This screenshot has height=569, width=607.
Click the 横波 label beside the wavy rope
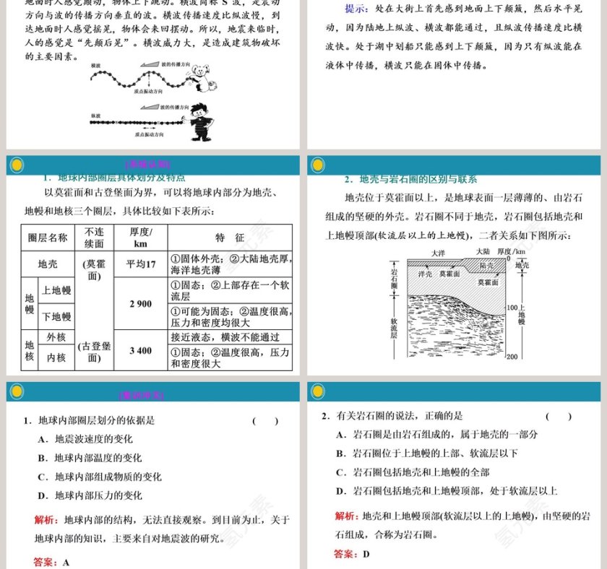[96, 66]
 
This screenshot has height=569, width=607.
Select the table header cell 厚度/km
[140, 238]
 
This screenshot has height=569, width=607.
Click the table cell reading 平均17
[140, 264]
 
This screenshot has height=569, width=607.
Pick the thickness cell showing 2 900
[140, 304]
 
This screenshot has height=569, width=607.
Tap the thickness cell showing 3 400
[140, 351]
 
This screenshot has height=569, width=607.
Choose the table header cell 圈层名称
[48, 238]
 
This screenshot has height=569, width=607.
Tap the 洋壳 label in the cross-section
[425, 274]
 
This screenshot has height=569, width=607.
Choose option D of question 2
[447, 491]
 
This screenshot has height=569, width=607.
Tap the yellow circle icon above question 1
[17, 392]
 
